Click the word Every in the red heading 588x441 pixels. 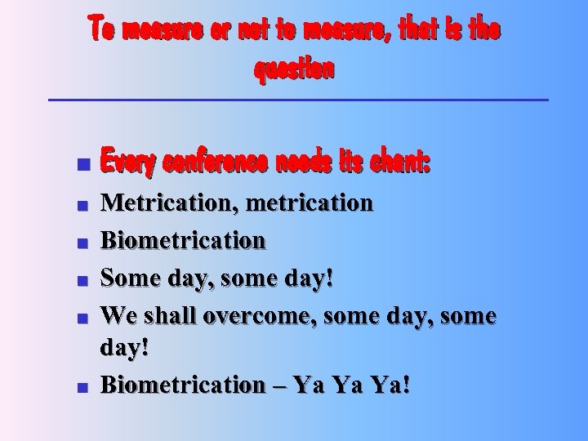(x=127, y=163)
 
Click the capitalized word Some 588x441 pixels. (x=131, y=278)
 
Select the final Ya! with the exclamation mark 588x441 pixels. (x=390, y=385)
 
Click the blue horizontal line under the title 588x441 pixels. (x=299, y=100)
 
